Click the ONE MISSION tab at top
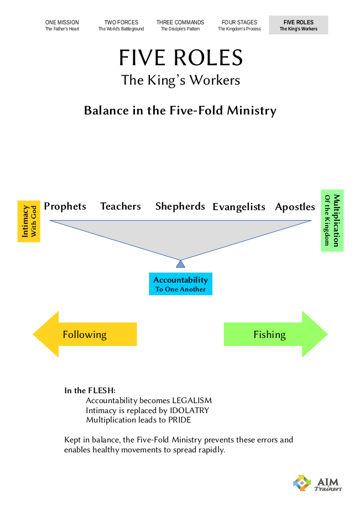(62, 25)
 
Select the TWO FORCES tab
(121, 25)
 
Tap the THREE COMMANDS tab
(180, 25)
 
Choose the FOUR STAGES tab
(239, 25)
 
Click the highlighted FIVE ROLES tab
(298, 25)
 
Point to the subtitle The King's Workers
(181, 80)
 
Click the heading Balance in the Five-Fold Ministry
(180, 110)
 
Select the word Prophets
(65, 206)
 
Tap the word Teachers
(121, 206)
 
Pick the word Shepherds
(180, 206)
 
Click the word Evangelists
(239, 207)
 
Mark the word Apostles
(295, 207)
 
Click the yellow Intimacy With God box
(29, 221)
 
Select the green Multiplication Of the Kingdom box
(332, 221)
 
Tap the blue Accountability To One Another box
(180, 284)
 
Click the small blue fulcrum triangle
(180, 264)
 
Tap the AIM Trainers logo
(317, 483)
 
